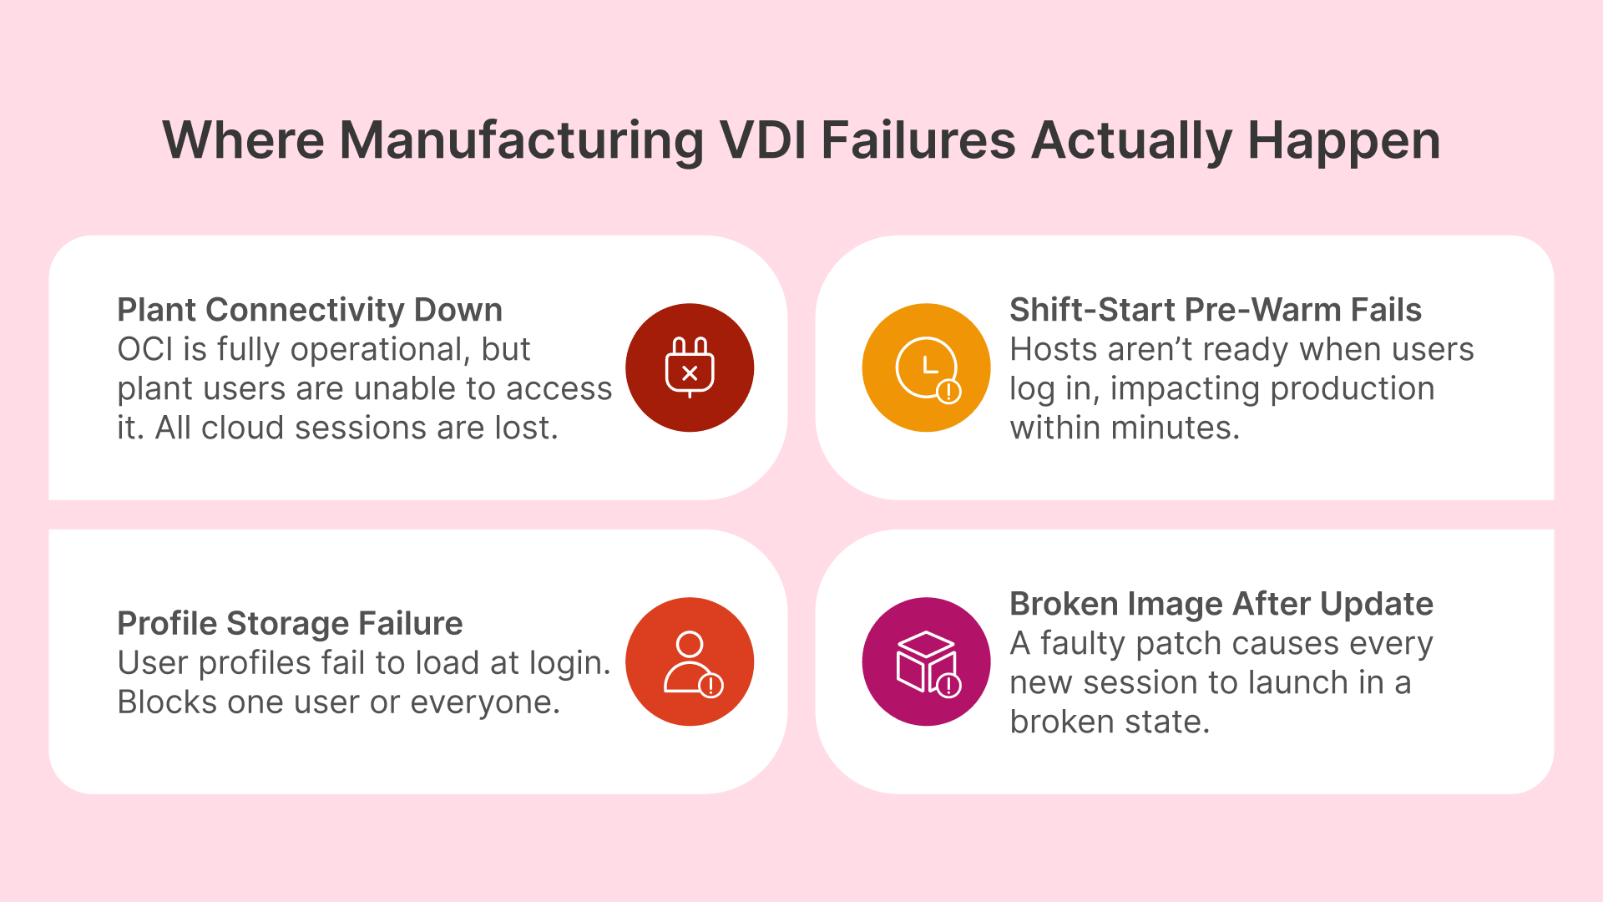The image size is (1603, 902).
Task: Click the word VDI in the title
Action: tap(763, 140)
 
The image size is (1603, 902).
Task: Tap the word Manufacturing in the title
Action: tap(522, 140)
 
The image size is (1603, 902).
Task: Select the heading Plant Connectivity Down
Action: tap(310, 310)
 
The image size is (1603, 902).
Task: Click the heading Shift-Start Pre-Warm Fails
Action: tap(1215, 310)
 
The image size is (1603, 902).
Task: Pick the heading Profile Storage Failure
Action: tap(290, 623)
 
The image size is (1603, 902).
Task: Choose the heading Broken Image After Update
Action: tap(1221, 604)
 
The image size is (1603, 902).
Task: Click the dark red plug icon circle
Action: tap(690, 367)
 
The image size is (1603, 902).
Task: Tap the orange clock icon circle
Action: tap(926, 367)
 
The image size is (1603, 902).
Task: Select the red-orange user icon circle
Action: tap(690, 661)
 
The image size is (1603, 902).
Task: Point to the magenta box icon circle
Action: tap(926, 661)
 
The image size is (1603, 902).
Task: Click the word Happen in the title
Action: tap(1343, 140)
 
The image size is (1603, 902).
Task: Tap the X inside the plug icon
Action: tap(690, 373)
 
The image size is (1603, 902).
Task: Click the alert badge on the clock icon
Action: tap(948, 391)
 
